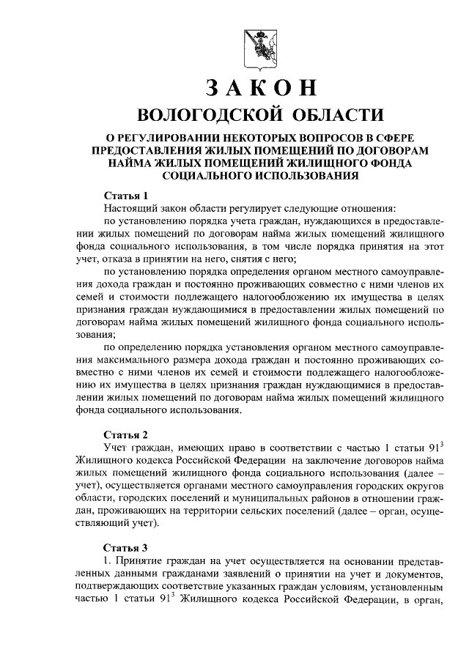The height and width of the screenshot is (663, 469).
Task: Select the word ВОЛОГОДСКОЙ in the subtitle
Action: [202, 116]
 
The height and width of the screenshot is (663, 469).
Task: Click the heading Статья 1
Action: [125, 195]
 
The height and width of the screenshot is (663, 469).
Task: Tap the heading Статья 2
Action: [125, 433]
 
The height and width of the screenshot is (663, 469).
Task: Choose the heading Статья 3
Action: [125, 547]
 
